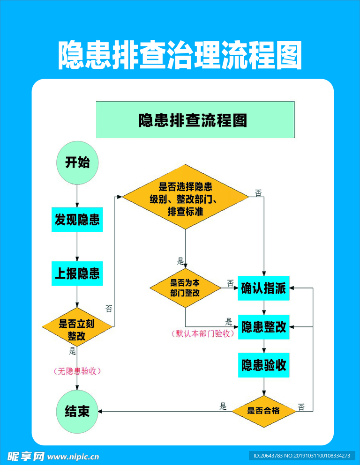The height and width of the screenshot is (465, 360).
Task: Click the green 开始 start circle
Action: (x=77, y=162)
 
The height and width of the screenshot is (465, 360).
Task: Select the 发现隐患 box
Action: (x=77, y=220)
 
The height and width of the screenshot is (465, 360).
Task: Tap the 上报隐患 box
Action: (x=77, y=273)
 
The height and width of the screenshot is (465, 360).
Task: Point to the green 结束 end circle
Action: (x=77, y=411)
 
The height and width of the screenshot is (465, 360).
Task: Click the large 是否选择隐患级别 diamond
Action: (x=186, y=197)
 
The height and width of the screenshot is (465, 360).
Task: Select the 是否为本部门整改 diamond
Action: (x=186, y=288)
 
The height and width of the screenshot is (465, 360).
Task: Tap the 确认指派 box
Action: (x=263, y=288)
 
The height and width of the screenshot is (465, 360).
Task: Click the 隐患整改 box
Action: (x=263, y=326)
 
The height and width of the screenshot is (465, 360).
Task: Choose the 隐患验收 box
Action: (x=263, y=365)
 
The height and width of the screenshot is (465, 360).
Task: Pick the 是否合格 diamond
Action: (x=263, y=411)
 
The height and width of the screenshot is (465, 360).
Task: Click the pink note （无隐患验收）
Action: (x=78, y=371)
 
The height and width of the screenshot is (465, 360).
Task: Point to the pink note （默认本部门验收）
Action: (x=202, y=334)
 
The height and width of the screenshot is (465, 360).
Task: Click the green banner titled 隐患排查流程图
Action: (x=195, y=120)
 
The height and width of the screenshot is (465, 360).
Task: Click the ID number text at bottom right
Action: (x=301, y=456)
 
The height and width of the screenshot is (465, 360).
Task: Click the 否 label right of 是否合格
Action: (x=301, y=407)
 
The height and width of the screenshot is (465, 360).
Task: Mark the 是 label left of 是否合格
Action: (x=223, y=406)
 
